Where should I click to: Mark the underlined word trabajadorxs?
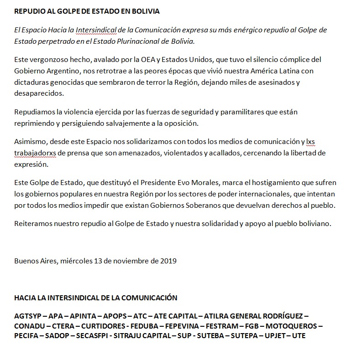point(34,153)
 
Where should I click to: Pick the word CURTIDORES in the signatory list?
point(102,326)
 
